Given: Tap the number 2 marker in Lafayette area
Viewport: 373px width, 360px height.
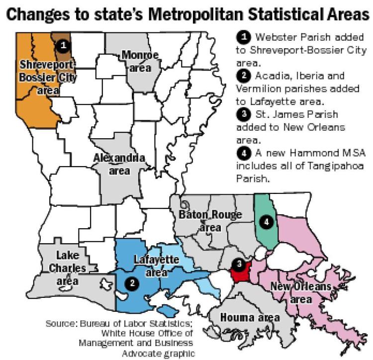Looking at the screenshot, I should click(132, 282).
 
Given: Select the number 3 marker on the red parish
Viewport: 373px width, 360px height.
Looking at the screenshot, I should click(240, 264).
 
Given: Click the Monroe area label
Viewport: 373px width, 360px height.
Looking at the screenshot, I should click(140, 61).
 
